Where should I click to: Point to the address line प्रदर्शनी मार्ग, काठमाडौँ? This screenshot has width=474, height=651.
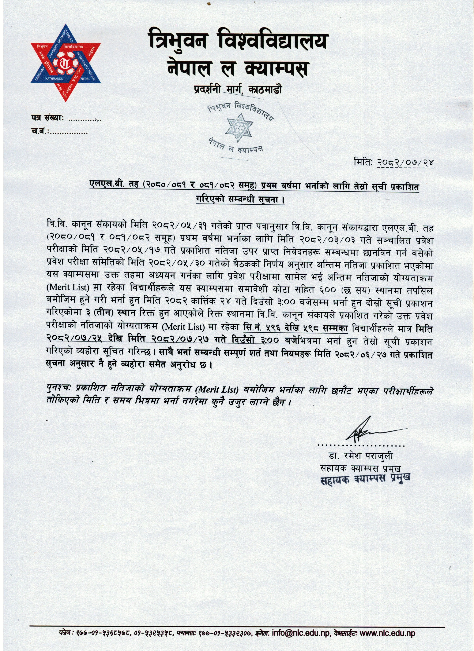pos(237,90)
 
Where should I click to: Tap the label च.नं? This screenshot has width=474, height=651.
pos(39,132)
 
